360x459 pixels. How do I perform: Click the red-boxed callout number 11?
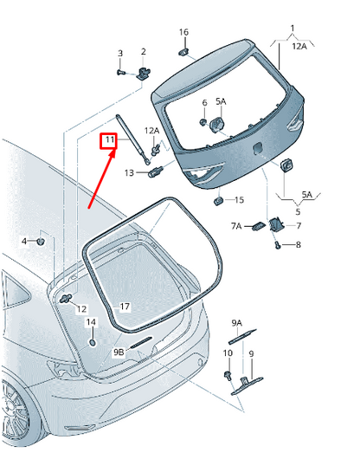(110, 140)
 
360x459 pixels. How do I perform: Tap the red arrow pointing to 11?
(101, 179)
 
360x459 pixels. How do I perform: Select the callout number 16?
(183, 32)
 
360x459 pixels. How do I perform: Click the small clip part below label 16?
(183, 52)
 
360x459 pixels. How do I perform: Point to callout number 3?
(120, 54)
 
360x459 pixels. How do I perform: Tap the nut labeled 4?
(40, 242)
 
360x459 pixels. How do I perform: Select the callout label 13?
(129, 172)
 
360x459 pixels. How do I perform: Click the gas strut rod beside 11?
(133, 139)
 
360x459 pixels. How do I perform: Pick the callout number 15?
(239, 200)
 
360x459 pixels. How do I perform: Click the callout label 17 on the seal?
(125, 307)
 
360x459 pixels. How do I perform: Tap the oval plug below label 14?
(92, 342)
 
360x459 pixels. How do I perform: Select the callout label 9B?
(119, 352)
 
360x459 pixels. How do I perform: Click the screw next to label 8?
(278, 246)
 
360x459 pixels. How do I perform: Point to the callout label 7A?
(236, 226)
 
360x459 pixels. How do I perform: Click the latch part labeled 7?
(276, 224)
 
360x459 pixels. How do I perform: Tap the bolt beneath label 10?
(228, 375)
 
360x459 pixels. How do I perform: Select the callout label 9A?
(237, 323)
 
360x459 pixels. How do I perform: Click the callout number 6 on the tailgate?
(205, 103)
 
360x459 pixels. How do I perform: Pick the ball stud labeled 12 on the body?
(66, 299)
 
